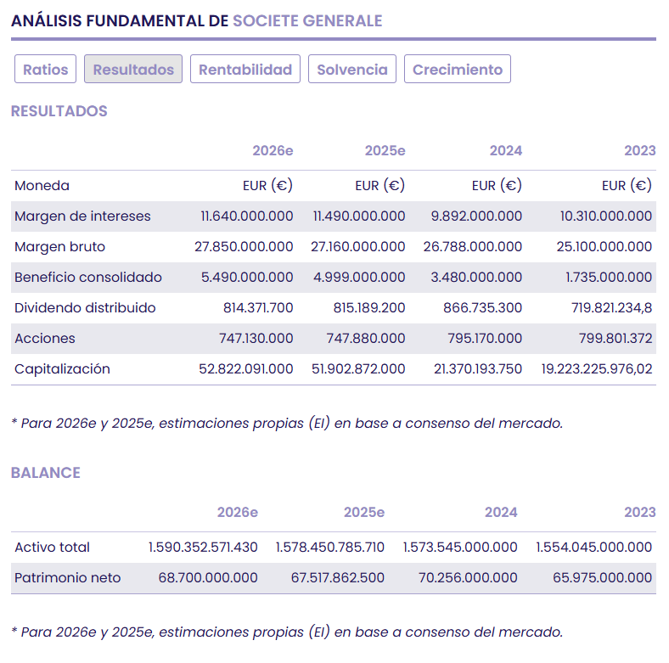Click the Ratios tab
tap(46, 70)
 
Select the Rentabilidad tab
tap(245, 70)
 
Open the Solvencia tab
tap(352, 70)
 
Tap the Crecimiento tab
tap(458, 70)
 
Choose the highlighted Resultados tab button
tap(133, 70)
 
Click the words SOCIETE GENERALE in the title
tap(307, 20)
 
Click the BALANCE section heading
tap(46, 473)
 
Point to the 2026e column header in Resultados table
tap(273, 151)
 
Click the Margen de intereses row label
tap(82, 216)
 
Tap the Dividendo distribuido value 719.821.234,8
tap(612, 308)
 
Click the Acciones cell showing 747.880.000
tap(366, 339)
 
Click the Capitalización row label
tap(62, 369)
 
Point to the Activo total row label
tap(52, 548)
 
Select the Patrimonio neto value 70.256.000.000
tap(468, 578)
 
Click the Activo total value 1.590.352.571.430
tap(203, 548)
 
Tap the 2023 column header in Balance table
tap(639, 513)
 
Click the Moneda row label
tap(42, 186)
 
